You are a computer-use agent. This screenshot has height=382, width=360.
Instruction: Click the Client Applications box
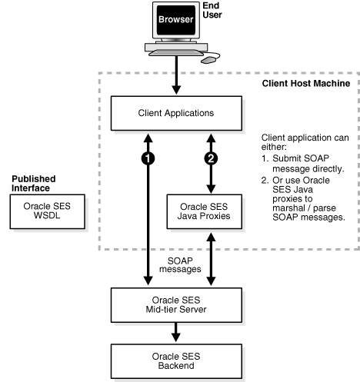(x=176, y=113)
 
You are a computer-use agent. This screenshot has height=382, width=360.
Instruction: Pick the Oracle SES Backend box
(x=176, y=357)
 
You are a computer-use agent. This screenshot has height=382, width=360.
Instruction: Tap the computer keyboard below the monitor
(x=172, y=52)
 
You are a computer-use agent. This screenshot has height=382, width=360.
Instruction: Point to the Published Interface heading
(x=35, y=183)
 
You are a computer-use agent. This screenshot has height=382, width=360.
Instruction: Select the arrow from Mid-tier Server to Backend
(x=176, y=330)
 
